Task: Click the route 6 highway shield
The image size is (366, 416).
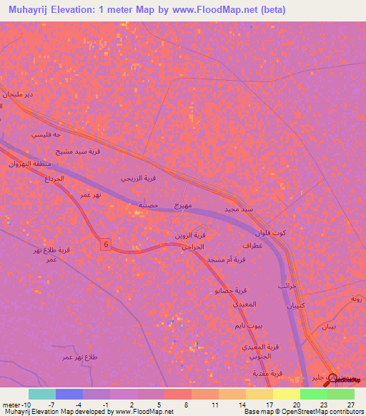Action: tap(105, 244)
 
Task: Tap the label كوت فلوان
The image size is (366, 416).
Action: tap(271, 232)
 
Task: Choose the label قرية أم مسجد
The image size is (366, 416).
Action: tap(229, 259)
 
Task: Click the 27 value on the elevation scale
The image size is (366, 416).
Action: tap(351, 404)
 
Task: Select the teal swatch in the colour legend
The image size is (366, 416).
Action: tap(41, 394)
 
